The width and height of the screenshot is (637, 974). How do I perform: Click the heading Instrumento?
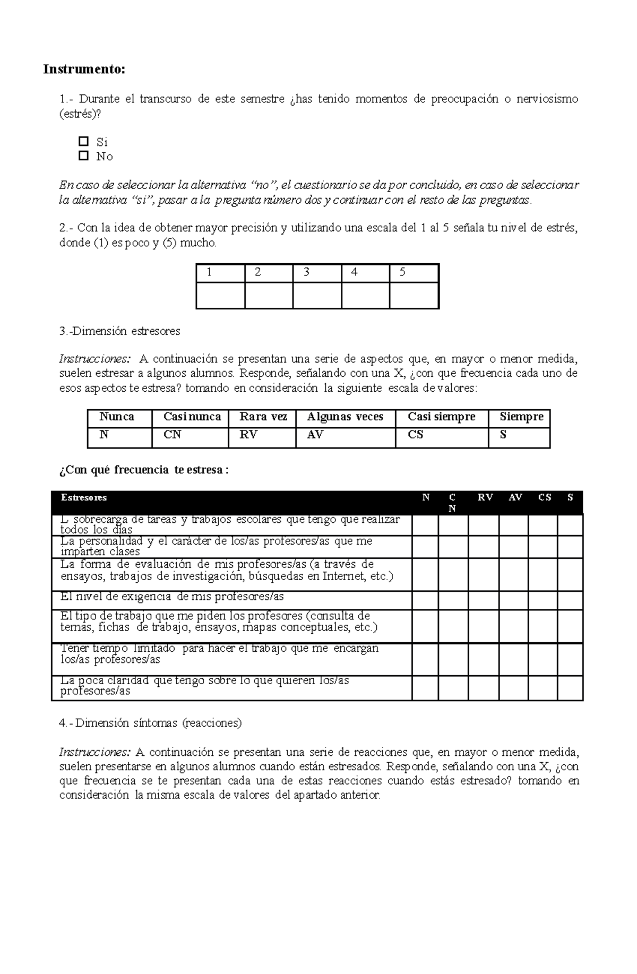coord(84,70)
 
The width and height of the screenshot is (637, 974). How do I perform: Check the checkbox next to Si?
coord(83,141)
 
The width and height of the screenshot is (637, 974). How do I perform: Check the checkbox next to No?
coord(83,156)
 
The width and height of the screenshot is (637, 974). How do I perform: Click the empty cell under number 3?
coord(317,295)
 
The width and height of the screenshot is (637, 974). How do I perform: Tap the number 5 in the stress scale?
coord(402,273)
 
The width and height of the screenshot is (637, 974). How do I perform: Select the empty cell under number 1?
coord(220,295)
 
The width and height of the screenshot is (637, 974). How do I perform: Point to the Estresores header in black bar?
coord(84,498)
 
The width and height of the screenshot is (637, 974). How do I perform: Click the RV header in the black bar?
coord(485,498)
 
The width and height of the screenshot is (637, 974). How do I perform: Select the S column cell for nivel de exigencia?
coord(570,600)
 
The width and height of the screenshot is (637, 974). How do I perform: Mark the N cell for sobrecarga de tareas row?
coord(425,525)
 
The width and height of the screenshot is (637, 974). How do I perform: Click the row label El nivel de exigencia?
coord(172,597)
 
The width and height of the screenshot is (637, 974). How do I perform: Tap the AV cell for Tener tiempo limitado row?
coord(513,659)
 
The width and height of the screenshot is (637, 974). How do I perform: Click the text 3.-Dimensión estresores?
coord(120,331)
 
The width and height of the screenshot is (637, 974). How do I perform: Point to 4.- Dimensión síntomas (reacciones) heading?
coord(150,723)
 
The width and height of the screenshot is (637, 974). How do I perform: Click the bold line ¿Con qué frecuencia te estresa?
coord(144,470)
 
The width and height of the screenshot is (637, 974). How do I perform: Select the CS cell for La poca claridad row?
coord(543,688)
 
